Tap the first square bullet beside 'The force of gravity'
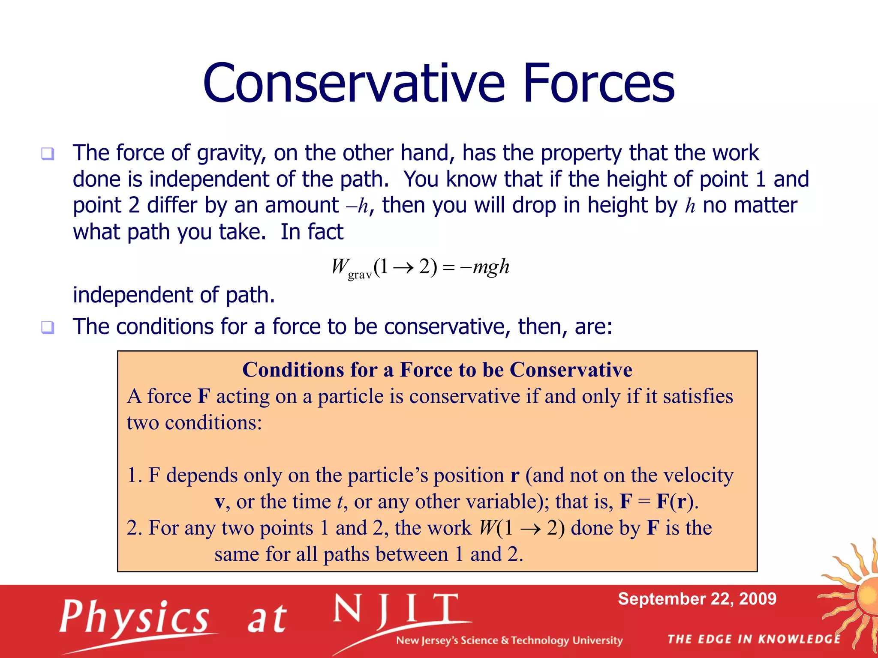point(48,153)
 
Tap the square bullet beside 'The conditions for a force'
point(48,327)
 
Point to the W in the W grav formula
point(340,266)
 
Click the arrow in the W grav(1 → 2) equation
point(403,268)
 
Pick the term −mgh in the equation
point(484,267)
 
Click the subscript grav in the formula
point(360,275)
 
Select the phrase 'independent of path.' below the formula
point(174,295)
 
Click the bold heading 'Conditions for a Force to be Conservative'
point(437,370)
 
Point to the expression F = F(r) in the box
point(658,502)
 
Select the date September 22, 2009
point(697,599)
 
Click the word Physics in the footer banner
point(134,617)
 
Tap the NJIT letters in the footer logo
point(397,609)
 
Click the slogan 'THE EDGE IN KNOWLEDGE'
point(754,639)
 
